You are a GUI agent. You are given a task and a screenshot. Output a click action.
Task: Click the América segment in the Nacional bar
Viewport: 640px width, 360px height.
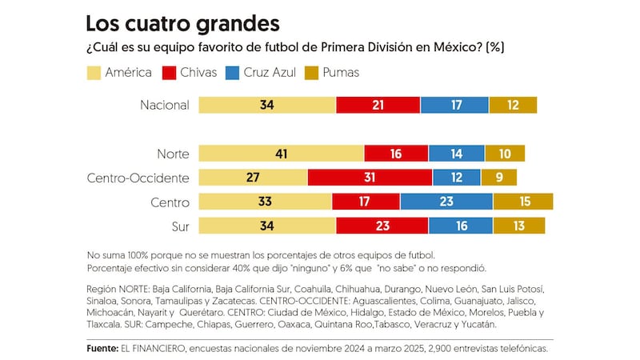coord(266,105)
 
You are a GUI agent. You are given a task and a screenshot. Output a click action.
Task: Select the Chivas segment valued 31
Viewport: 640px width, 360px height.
coord(370,178)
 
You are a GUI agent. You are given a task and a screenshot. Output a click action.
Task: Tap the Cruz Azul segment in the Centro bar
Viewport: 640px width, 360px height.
coord(446,202)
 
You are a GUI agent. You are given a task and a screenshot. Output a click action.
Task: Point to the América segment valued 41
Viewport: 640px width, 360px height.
coord(281,154)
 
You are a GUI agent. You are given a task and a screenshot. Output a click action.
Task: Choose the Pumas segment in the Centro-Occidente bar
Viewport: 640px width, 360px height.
coord(499,178)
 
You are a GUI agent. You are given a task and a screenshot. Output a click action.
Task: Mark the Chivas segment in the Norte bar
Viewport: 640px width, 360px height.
coord(396,154)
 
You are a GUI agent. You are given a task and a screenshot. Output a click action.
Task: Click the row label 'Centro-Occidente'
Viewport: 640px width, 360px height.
coord(138,178)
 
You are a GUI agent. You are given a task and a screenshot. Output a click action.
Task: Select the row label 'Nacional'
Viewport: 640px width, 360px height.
coord(164,105)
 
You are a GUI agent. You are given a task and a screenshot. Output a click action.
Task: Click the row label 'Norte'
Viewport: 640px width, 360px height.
coord(174,154)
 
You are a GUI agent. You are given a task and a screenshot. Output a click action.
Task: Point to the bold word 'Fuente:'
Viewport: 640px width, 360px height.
coord(103,349)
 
